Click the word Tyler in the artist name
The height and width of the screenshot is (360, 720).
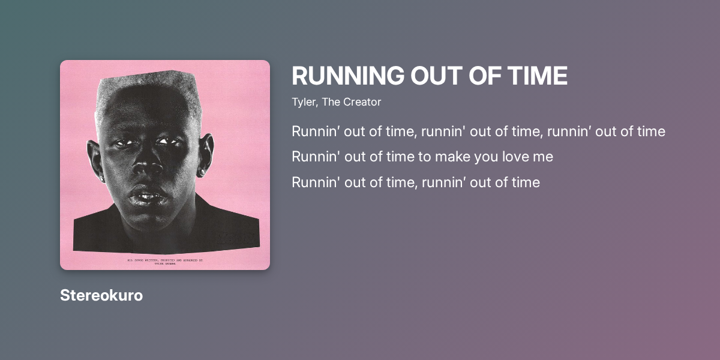tap(304, 102)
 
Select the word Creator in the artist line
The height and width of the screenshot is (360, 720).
tap(362, 102)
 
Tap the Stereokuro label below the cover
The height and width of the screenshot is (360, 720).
tap(101, 296)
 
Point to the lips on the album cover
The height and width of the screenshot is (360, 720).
tap(146, 196)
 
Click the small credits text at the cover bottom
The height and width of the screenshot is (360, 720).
tap(165, 261)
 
